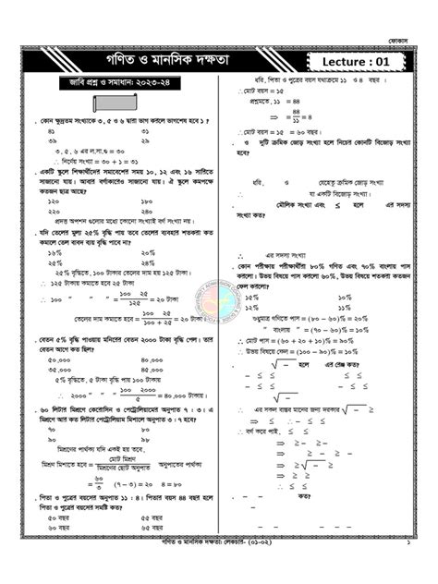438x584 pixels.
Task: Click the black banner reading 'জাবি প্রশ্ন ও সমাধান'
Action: (x=111, y=89)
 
